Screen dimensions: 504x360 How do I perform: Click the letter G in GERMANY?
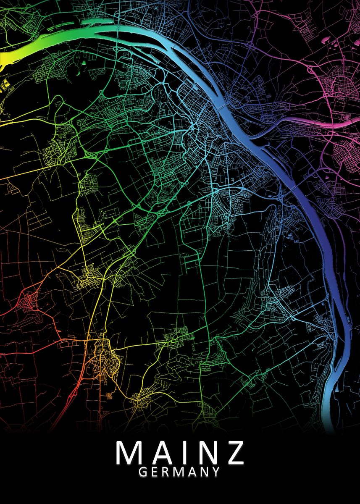click(x=143, y=472)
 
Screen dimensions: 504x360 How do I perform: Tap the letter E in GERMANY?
click(x=155, y=472)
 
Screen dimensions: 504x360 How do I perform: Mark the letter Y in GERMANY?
click(x=215, y=472)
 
